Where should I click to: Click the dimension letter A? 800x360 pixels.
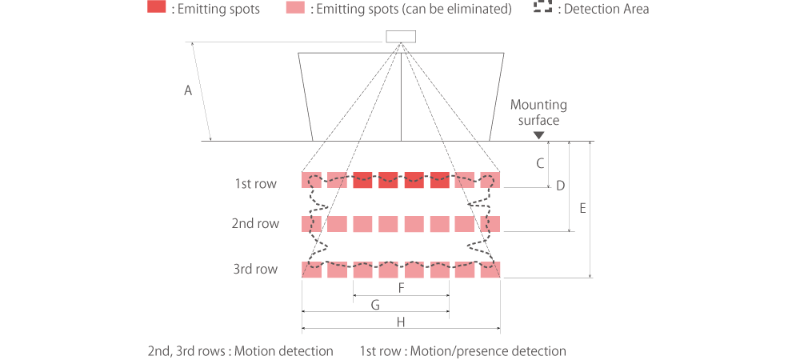pyautogui.click(x=188, y=91)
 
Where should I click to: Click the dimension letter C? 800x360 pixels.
pyautogui.click(x=540, y=163)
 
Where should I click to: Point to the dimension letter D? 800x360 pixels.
pyautogui.click(x=561, y=186)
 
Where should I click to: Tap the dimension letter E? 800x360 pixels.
pyautogui.click(x=582, y=208)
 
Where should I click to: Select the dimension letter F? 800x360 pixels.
pyautogui.click(x=401, y=287)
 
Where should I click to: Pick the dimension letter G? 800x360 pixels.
pyautogui.click(x=375, y=304)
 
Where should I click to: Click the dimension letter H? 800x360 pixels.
pyautogui.click(x=401, y=322)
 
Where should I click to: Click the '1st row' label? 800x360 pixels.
pyautogui.click(x=255, y=184)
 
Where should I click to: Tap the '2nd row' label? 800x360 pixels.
pyautogui.click(x=255, y=224)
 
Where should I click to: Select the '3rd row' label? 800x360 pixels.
pyautogui.click(x=255, y=270)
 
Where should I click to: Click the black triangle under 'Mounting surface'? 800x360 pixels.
pyautogui.click(x=538, y=134)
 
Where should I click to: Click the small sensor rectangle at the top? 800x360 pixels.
pyautogui.click(x=401, y=36)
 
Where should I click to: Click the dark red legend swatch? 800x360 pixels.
pyautogui.click(x=157, y=9)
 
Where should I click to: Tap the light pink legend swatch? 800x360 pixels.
pyautogui.click(x=294, y=9)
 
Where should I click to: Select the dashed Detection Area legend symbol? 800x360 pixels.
pyautogui.click(x=543, y=9)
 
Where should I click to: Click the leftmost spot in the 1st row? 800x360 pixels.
pyautogui.click(x=311, y=179)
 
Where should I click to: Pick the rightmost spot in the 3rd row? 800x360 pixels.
pyautogui.click(x=490, y=270)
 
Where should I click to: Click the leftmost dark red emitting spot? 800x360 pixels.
pyautogui.click(x=362, y=179)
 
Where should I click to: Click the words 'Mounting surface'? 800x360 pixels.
pyautogui.click(x=538, y=112)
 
